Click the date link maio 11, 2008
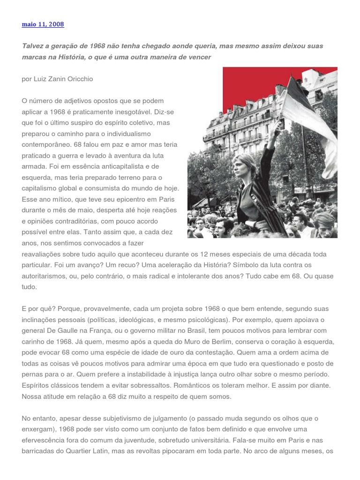[x=43, y=24]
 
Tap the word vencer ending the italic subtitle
[x=199, y=57]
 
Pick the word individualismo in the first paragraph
[x=144, y=134]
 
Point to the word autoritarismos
[x=44, y=276]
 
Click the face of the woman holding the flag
[x=246, y=166]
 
